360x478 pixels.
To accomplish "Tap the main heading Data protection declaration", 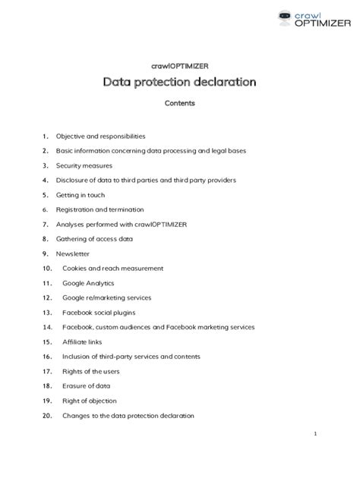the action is (x=180, y=81).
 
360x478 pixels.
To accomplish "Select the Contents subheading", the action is (x=180, y=103).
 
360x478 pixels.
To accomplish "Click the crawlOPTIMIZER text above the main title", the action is (x=180, y=65).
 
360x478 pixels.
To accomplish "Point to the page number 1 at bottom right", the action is (x=314, y=433).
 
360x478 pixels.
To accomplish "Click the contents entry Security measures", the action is (x=84, y=165).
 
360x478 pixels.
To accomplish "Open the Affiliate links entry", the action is (x=82, y=341).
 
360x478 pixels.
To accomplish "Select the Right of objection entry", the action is (x=90, y=401).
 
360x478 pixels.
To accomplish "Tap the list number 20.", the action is (x=47, y=416).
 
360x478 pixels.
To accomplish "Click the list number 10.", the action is (x=47, y=269).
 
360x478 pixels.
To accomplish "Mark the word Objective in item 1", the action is (x=71, y=137).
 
